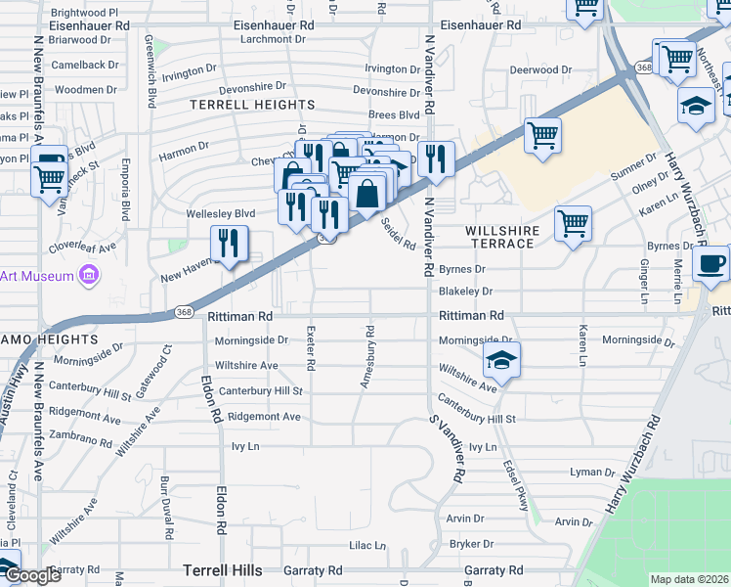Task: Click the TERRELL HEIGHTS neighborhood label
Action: [x=252, y=105]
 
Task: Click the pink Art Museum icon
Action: [x=89, y=276]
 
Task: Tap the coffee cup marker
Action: [x=710, y=262]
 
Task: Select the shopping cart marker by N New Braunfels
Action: [x=48, y=179]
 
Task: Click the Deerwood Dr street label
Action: [x=540, y=70]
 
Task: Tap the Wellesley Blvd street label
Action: [x=221, y=213]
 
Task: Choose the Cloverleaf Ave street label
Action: [x=82, y=246]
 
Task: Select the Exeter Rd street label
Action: [x=311, y=348]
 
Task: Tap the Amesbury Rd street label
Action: [x=367, y=357]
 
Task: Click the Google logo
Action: [x=33, y=575]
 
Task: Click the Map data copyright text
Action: [x=689, y=579]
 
